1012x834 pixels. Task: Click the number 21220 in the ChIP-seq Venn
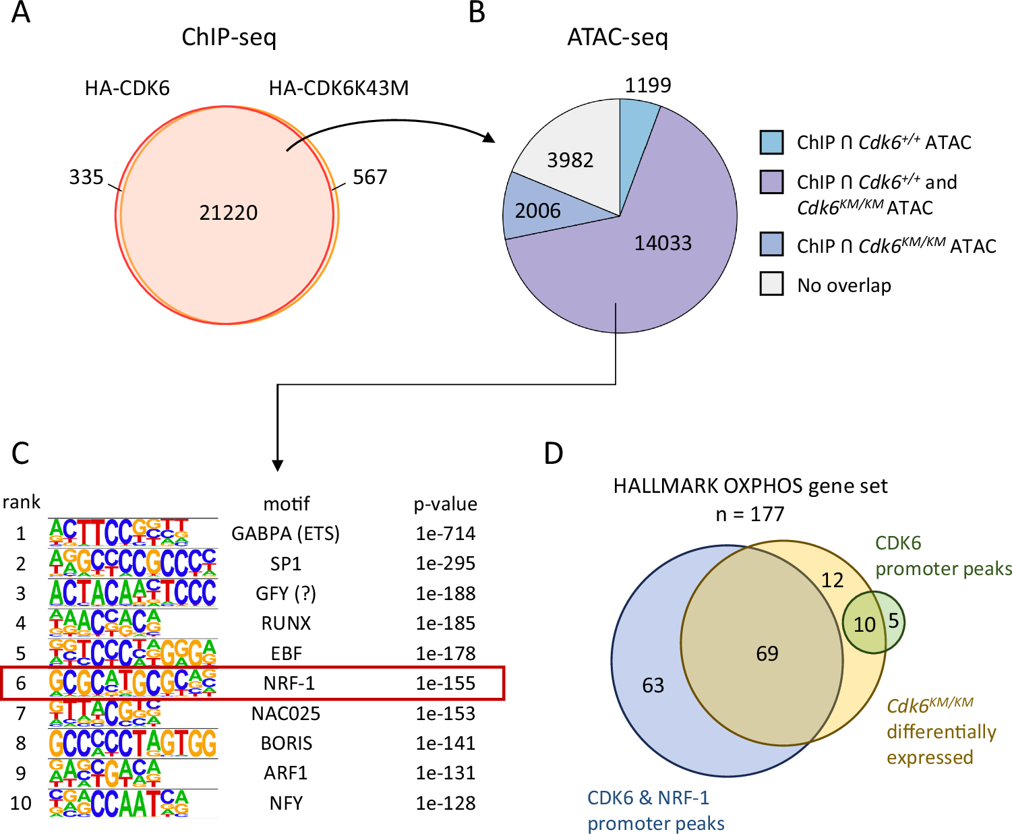point(228,212)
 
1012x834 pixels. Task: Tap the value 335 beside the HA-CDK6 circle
point(86,177)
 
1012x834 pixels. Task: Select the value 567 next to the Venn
point(370,177)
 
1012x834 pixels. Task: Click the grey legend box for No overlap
point(771,284)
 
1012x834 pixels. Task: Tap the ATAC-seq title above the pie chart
point(618,37)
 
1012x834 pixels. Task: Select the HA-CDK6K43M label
point(338,88)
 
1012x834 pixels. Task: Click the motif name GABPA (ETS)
point(285,533)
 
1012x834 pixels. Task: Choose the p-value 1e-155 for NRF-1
point(445,683)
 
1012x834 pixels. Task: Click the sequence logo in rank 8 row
point(132,743)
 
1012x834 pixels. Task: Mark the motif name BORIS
point(286,743)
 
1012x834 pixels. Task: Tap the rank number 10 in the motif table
point(21,803)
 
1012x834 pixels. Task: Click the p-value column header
point(445,504)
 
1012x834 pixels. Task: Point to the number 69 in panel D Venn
point(767,653)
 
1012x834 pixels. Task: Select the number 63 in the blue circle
point(653,686)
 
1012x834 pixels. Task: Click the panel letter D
point(553,454)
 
